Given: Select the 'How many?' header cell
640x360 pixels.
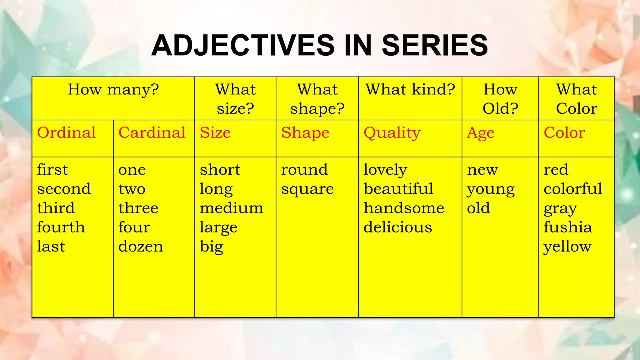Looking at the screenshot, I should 113,90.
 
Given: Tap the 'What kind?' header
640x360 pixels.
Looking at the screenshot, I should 410,90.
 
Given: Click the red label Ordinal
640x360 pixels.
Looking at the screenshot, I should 66,133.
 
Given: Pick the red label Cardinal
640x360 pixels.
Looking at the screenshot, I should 152,133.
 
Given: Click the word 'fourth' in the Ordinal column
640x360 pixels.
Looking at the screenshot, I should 61,227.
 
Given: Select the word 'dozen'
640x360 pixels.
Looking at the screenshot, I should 141,247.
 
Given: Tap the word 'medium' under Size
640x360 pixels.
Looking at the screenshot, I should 231,208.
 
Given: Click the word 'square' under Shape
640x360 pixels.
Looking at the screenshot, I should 307,189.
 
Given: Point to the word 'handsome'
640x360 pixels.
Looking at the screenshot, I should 404,208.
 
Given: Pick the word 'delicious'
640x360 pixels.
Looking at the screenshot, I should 398,227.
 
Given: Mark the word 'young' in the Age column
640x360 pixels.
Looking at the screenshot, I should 491,189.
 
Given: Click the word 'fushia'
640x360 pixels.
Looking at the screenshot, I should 568,227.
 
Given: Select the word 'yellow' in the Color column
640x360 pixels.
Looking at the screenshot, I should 567,247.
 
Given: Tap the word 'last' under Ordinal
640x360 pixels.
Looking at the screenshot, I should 51,247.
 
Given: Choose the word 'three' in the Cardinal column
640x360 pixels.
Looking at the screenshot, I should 138,208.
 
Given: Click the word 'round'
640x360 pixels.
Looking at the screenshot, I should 304,170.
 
